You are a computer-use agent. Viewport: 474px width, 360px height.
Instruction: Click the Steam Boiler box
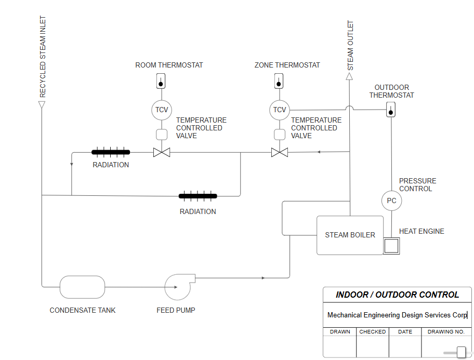350,235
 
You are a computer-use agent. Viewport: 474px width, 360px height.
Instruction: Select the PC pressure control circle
391,201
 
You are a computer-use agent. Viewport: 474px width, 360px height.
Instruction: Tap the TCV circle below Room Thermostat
162,110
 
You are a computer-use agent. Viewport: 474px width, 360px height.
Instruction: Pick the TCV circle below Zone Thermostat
279,110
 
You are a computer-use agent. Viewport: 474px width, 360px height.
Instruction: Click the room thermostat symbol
161,81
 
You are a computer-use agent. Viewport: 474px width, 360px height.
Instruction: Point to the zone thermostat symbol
279,81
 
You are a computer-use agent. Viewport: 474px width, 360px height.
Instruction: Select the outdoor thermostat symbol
391,110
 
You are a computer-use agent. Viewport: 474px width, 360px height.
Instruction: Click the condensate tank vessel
82,287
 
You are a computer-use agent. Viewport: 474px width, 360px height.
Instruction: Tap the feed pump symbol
179,287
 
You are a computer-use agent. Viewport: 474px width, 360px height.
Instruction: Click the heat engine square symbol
391,246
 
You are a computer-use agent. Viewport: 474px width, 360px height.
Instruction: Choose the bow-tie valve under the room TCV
162,152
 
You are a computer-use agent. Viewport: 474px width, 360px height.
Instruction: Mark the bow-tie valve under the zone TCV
280,152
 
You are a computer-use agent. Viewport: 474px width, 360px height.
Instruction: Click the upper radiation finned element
111,152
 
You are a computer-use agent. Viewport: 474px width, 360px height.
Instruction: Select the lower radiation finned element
198,196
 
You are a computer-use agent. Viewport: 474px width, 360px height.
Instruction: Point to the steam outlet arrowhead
349,77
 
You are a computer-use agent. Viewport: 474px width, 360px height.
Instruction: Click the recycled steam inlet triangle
42,104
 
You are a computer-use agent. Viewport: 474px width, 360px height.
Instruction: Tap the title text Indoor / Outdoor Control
397,295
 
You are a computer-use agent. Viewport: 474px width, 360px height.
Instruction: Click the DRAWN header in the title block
340,331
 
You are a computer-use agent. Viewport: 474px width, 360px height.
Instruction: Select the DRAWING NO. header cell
446,331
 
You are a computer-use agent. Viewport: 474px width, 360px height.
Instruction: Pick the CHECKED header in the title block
373,331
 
